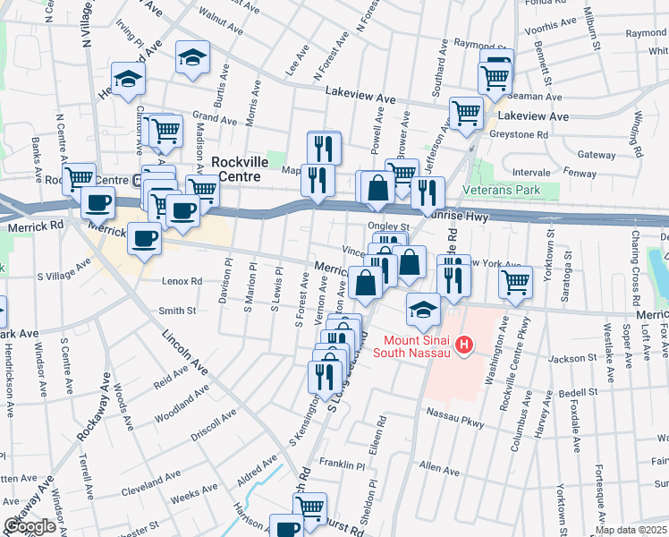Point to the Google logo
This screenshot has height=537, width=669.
click(x=30, y=526)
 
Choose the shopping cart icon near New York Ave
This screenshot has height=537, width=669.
click(x=515, y=283)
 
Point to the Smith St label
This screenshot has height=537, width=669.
click(x=177, y=311)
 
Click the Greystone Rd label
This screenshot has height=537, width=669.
click(x=519, y=134)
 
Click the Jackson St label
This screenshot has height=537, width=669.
click(x=572, y=359)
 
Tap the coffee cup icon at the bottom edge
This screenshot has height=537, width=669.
click(x=286, y=528)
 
